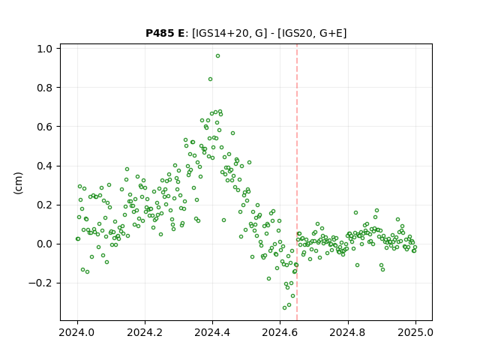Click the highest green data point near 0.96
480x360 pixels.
point(217,56)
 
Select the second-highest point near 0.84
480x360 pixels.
point(210,79)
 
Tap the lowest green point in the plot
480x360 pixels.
point(285,307)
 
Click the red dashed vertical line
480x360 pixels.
point(297,182)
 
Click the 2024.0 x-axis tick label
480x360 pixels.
point(77,332)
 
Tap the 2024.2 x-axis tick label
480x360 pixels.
point(145,332)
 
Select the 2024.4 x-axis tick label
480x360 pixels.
point(212,332)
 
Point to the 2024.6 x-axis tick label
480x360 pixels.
point(280,332)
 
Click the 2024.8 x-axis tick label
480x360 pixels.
point(348,332)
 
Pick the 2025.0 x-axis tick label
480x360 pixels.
point(415,332)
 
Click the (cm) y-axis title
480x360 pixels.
point(18,183)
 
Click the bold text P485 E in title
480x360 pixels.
point(165,33)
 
